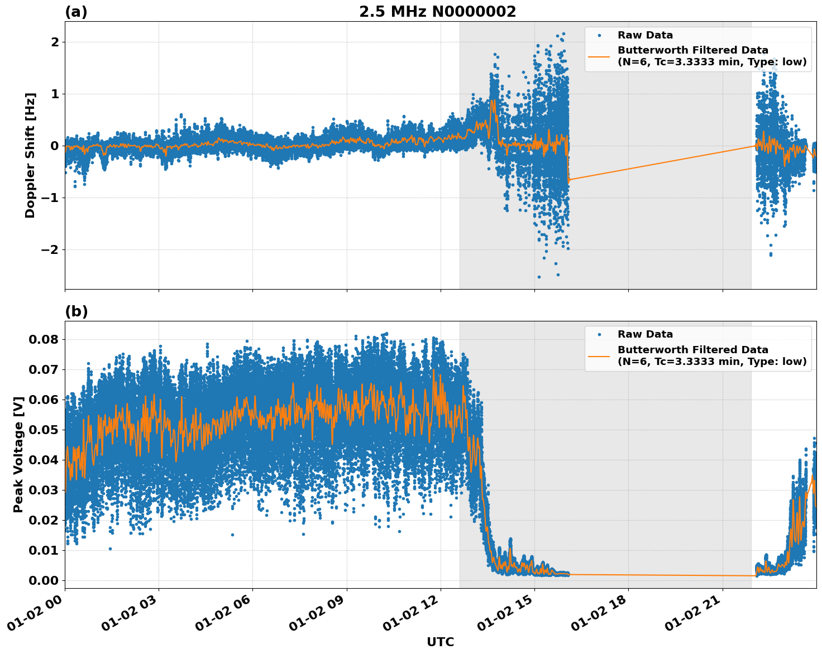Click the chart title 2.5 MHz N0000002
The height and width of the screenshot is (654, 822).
(x=437, y=12)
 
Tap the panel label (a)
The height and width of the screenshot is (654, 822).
(x=76, y=12)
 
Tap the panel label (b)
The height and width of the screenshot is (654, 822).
(x=77, y=311)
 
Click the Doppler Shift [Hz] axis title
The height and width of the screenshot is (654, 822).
(x=30, y=155)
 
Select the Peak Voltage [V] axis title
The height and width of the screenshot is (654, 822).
(x=18, y=454)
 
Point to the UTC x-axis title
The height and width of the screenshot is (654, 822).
(x=440, y=642)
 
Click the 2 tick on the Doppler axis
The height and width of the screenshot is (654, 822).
(x=55, y=42)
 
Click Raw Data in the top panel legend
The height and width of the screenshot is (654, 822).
(x=645, y=35)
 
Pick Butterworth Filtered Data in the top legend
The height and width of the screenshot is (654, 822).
(x=692, y=50)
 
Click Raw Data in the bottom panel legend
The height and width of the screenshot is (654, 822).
(x=645, y=334)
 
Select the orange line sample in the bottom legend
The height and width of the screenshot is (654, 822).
(x=599, y=355)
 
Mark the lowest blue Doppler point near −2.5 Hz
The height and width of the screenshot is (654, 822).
(x=539, y=277)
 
